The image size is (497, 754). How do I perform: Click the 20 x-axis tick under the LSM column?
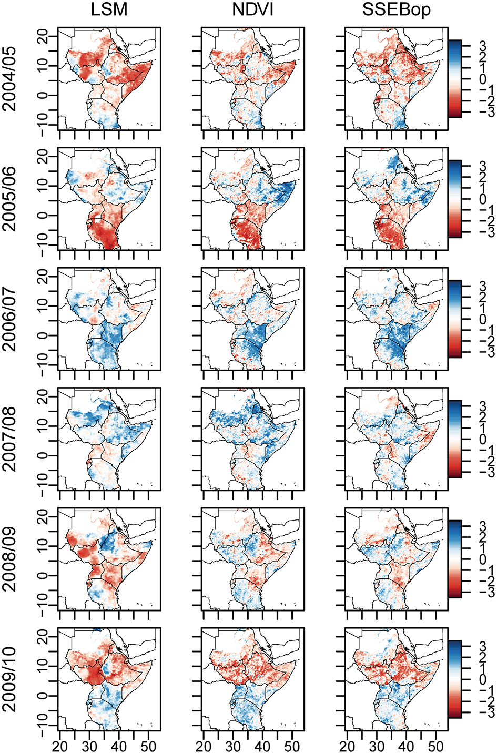[x=60, y=746]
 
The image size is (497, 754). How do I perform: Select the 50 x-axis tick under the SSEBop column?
[x=435, y=746]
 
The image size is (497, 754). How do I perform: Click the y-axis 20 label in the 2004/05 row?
[x=42, y=36]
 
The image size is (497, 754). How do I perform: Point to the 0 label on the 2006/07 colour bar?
[x=483, y=320]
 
